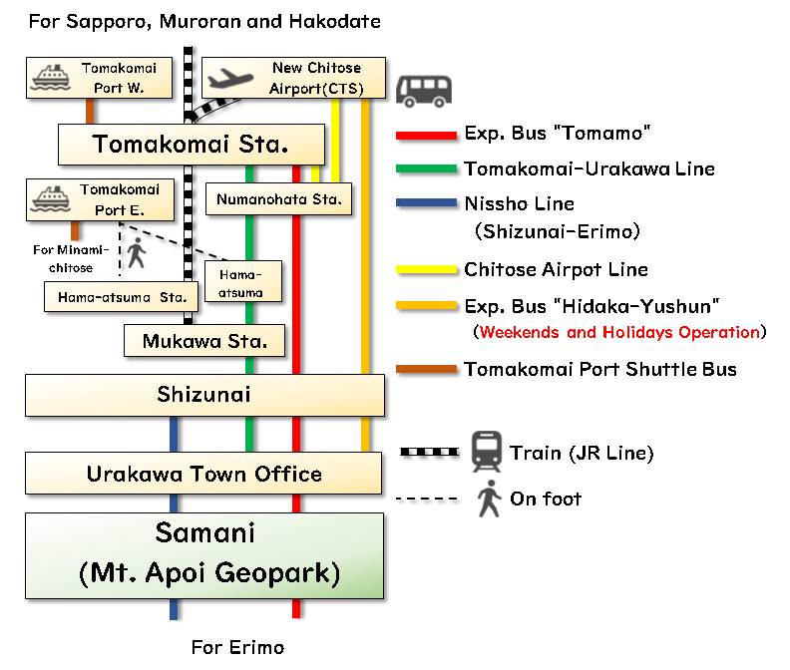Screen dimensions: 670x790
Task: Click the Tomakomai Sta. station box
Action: (192, 145)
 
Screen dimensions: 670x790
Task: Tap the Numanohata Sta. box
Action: (278, 199)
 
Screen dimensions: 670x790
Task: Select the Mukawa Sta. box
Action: (204, 341)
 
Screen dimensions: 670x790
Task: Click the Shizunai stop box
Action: (204, 395)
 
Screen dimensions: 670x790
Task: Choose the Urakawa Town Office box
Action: (203, 474)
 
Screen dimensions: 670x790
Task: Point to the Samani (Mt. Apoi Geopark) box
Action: (203, 555)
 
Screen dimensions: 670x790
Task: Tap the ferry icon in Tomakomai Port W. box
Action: (50, 77)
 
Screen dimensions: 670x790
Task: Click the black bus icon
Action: (424, 90)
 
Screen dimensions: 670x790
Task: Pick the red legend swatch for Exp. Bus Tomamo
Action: (426, 135)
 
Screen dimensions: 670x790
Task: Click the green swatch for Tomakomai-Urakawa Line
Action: (426, 169)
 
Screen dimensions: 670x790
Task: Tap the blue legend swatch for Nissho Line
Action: (426, 204)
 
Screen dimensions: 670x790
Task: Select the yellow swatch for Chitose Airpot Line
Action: (426, 270)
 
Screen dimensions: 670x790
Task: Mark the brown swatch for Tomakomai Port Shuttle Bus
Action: (426, 370)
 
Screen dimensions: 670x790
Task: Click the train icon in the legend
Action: (486, 452)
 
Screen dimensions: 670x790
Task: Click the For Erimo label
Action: (237, 647)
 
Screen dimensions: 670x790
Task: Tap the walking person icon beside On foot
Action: (488, 499)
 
